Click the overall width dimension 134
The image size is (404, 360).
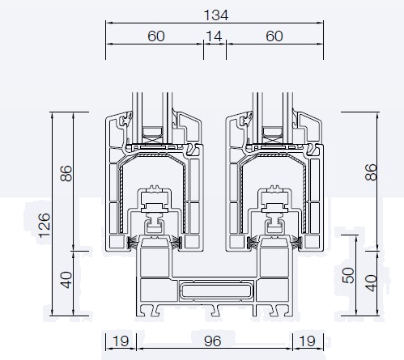[216, 15]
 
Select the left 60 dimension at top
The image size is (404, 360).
[156, 36]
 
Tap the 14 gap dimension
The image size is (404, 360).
[214, 36]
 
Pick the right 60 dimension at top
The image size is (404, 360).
[274, 36]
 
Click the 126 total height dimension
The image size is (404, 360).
[45, 226]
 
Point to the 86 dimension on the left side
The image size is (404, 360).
[66, 173]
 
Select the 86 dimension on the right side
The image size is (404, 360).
[371, 172]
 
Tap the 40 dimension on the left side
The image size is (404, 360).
[66, 280]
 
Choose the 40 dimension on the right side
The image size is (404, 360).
[371, 283]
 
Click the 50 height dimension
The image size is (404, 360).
[348, 275]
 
